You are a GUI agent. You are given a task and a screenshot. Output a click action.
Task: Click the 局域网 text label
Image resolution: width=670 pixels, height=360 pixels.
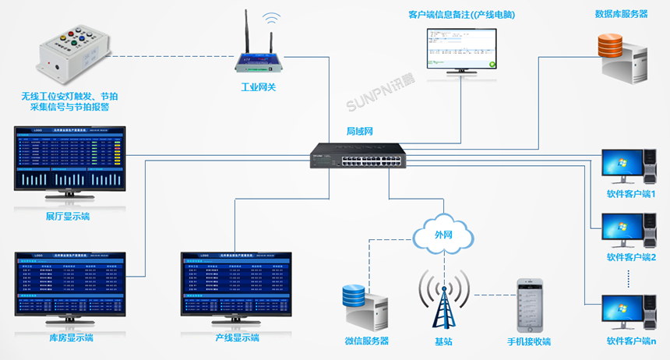click(360, 132)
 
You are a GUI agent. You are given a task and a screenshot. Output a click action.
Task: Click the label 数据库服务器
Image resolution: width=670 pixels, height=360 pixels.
click(621, 14)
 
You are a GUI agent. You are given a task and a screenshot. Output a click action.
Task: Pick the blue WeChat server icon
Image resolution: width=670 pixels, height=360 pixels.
click(365, 306)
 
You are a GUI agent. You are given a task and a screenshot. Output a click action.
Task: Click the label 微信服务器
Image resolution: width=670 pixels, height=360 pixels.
click(366, 341)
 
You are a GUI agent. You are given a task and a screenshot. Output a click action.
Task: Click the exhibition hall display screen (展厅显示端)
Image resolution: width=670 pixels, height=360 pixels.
click(68, 160)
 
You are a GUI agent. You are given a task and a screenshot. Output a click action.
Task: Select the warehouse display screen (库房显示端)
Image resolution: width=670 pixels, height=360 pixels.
click(69, 284)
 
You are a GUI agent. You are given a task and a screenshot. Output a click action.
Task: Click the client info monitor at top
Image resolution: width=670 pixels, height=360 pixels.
click(461, 51)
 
